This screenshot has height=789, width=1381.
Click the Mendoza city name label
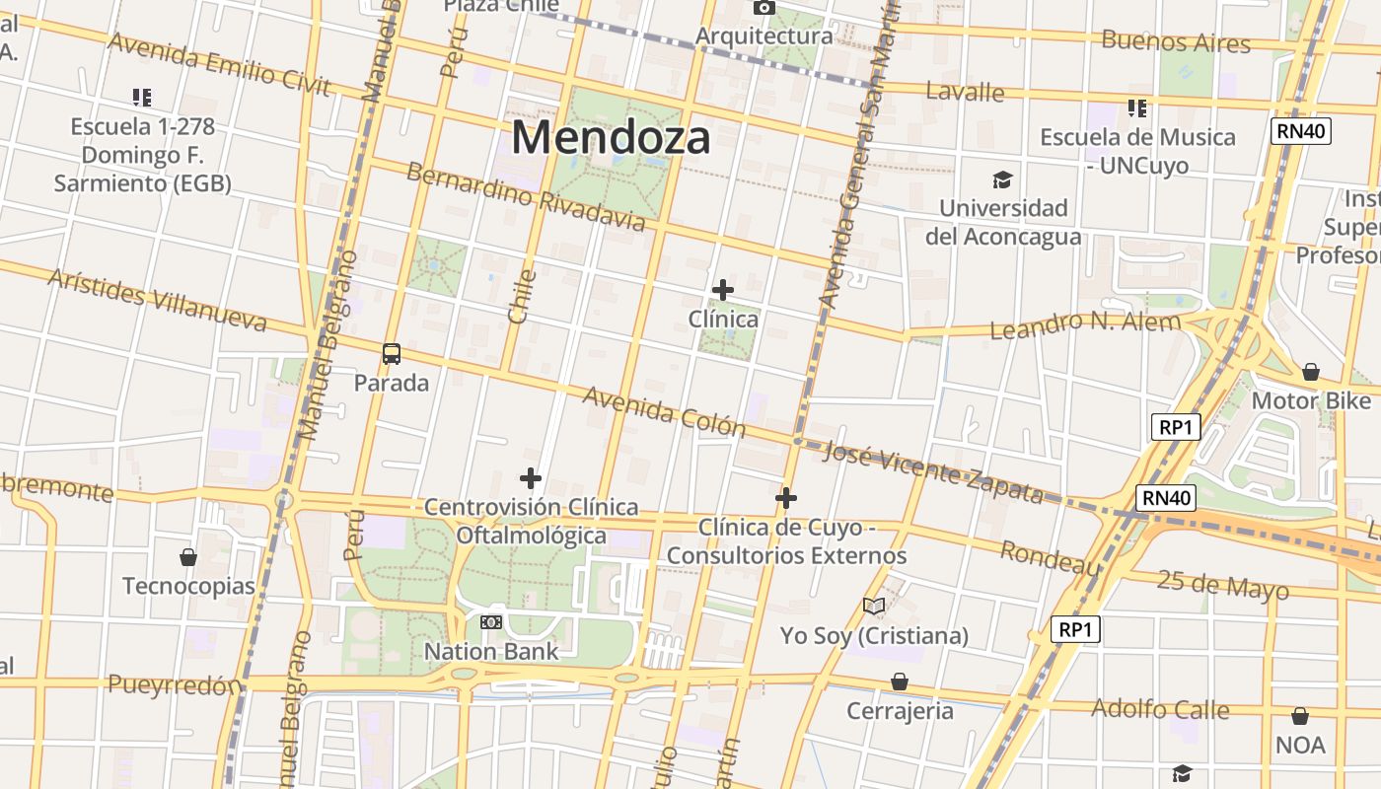coord(611,137)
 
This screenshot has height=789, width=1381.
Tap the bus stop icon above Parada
coord(392,354)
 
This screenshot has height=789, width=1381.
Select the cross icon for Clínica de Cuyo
coord(786,498)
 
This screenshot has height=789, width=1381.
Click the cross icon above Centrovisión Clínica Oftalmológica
coord(531,478)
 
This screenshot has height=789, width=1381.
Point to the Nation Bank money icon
coord(491,622)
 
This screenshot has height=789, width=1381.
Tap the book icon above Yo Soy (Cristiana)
coord(874,606)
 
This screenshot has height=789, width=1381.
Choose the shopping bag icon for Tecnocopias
coord(188,557)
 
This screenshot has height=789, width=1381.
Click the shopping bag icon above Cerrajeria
coord(900,681)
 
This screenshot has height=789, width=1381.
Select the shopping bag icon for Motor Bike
coord(1311,372)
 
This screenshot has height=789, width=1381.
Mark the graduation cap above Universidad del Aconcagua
coord(1003,179)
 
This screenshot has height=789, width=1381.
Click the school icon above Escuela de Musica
coord(1137,108)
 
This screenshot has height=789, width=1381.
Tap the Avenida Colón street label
coord(664,411)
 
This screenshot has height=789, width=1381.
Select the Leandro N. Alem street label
coord(1084,324)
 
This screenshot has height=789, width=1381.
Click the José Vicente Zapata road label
coord(932,470)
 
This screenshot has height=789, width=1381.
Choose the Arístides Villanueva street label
coord(157,300)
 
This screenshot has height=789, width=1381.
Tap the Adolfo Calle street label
coord(1160,708)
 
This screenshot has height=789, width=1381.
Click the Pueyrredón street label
coord(175,684)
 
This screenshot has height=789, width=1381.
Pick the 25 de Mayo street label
coord(1222,584)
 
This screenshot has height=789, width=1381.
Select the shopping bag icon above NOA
coord(1300,715)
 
